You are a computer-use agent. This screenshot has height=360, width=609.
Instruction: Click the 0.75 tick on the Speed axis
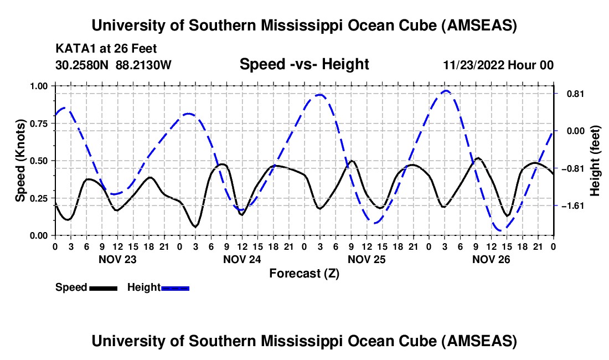pos(40,123)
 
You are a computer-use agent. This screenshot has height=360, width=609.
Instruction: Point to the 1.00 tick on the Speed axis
pos(40,86)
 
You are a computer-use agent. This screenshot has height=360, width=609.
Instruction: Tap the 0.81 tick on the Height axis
pos(571,94)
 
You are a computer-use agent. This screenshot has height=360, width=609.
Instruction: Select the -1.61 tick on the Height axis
pos(572,205)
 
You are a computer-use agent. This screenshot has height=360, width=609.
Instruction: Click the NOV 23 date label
pos(117,259)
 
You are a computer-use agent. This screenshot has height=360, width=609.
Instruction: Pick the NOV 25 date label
pos(366,259)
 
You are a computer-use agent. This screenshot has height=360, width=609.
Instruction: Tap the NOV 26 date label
pos(491,259)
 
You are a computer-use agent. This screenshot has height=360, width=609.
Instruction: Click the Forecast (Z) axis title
pos(304,273)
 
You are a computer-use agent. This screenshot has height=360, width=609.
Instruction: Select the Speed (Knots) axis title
pos(20,161)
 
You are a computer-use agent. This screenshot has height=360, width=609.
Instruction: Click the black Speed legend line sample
pos(103,288)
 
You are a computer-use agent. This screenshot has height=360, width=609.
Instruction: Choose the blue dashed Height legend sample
pos(176,288)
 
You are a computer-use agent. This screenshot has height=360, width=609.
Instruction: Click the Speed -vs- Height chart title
pos(304,65)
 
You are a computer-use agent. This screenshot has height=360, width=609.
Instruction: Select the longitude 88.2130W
pos(144,65)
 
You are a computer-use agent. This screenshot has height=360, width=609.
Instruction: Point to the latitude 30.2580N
pos(83,65)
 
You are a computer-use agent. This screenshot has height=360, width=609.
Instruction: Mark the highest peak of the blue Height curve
pos(446,90)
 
